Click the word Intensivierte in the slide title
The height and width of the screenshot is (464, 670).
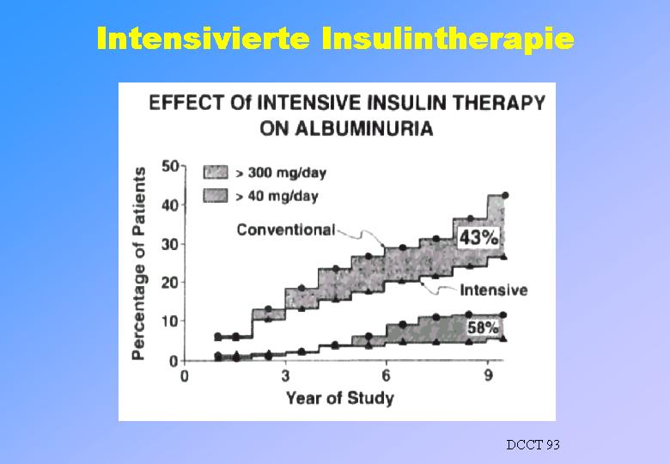pos(203,39)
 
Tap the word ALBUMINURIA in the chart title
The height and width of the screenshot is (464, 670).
pos(346,129)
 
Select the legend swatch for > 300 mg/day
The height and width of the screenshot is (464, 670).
pos(216,172)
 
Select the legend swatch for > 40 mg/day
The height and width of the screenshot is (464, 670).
pos(216,196)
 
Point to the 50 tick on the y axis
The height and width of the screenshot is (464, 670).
pos(170,165)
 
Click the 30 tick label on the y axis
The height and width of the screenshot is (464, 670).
pos(170,244)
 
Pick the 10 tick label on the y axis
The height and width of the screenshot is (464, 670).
pos(170,321)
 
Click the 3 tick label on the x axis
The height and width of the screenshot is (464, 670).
pos(285,376)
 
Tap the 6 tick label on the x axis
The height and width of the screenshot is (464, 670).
pos(387,376)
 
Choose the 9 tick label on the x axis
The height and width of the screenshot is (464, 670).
pos(488,376)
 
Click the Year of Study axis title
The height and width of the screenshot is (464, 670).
pos(339,398)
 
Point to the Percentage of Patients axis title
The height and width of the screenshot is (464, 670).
pos(138,264)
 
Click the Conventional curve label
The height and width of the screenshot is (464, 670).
pos(286,230)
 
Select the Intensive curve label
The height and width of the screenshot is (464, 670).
pos(494,290)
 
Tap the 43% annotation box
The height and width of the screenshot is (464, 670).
pos(478,238)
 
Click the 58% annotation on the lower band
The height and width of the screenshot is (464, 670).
pos(483,328)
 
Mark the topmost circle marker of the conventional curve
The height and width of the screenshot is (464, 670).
pos(505,195)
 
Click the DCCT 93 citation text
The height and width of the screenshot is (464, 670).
pos(533,445)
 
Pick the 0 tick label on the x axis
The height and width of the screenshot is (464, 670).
pos(185,376)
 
